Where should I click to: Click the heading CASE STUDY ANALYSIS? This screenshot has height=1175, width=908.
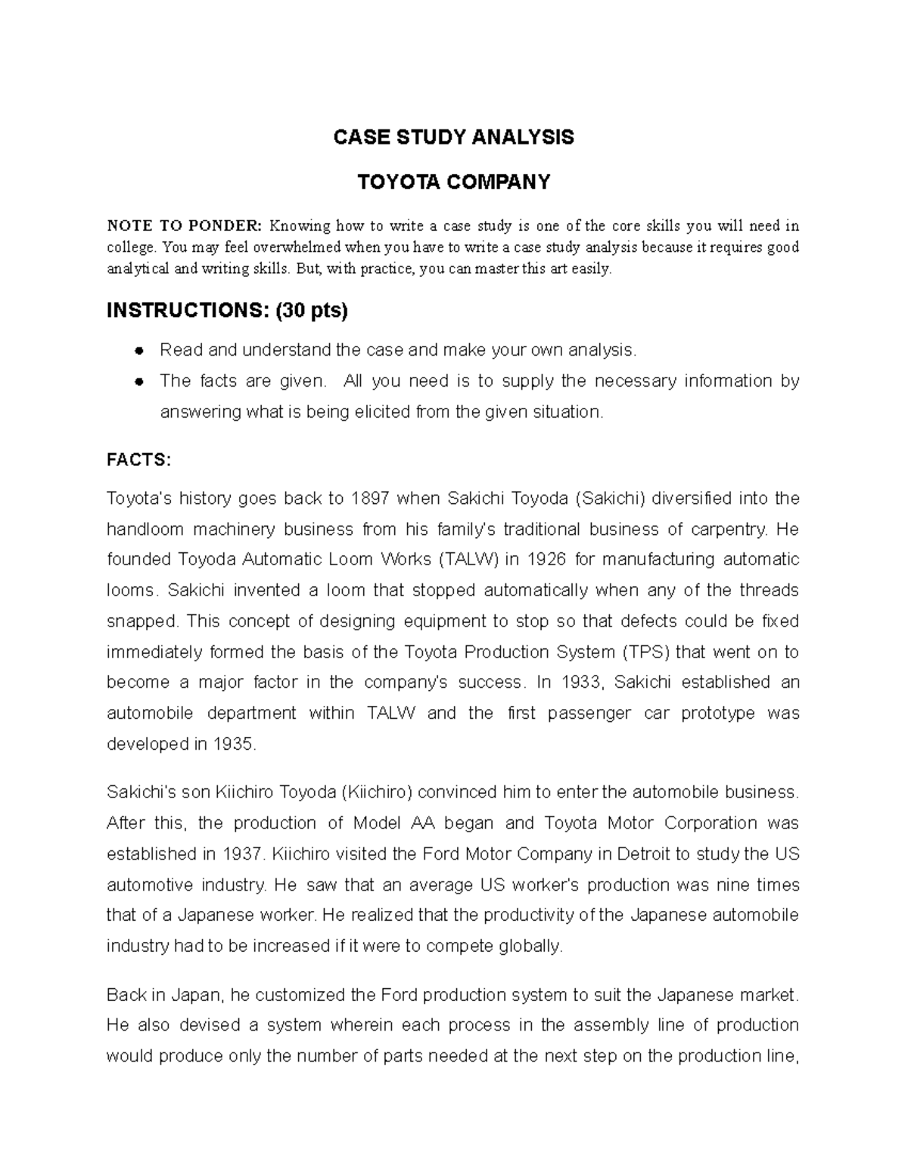pos(454,138)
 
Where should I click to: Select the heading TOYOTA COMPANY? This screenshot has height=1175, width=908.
pos(454,182)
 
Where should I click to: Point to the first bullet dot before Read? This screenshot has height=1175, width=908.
pos(139,350)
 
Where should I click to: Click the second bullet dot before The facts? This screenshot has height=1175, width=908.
pos(139,381)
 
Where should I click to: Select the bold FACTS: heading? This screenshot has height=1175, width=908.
pos(139,460)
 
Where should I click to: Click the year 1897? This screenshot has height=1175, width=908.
pos(369,499)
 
